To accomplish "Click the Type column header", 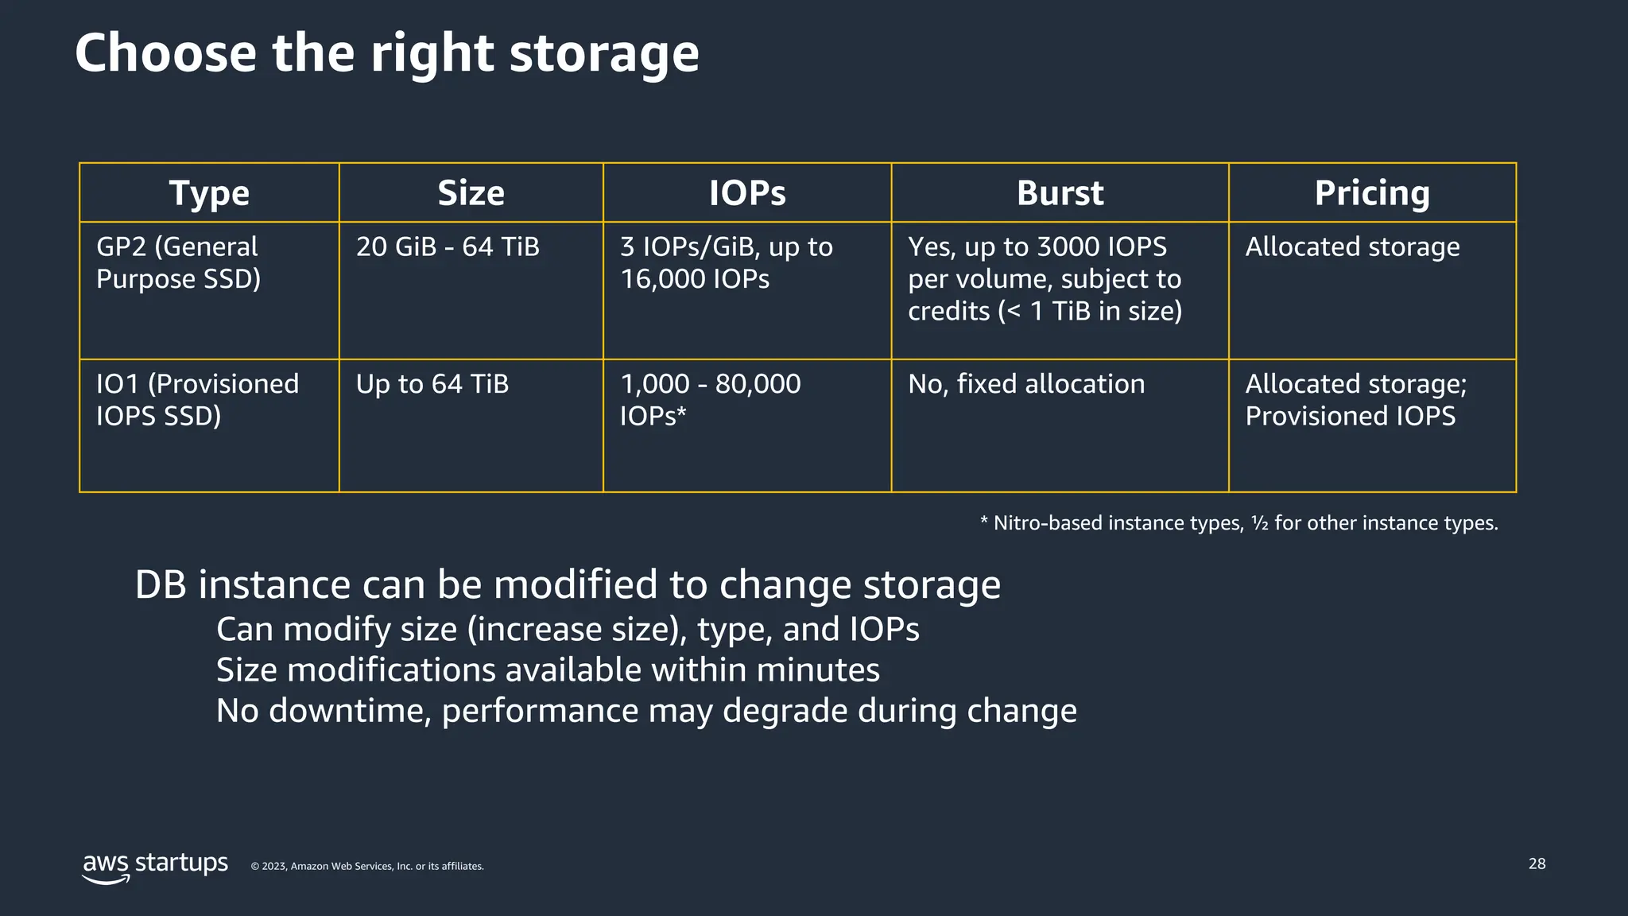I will point(209,193).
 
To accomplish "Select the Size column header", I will point(471,193).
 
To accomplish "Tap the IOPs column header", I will point(747,193).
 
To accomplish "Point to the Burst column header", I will point(1060,193).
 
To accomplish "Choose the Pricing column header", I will point(1372,193).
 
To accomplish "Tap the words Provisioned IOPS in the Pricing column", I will point(1350,416).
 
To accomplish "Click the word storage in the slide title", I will point(603,53).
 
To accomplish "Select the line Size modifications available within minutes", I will point(548,670).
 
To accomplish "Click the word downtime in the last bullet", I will point(350,711).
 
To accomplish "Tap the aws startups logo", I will point(155,865).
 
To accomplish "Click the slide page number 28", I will point(1537,864).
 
